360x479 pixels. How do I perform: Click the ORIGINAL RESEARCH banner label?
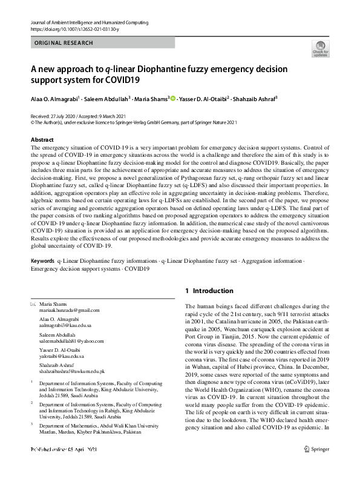point(64,43)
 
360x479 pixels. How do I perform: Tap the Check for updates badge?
point(321,48)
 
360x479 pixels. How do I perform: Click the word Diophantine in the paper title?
point(169,68)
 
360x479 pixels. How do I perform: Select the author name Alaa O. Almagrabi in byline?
point(56,98)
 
